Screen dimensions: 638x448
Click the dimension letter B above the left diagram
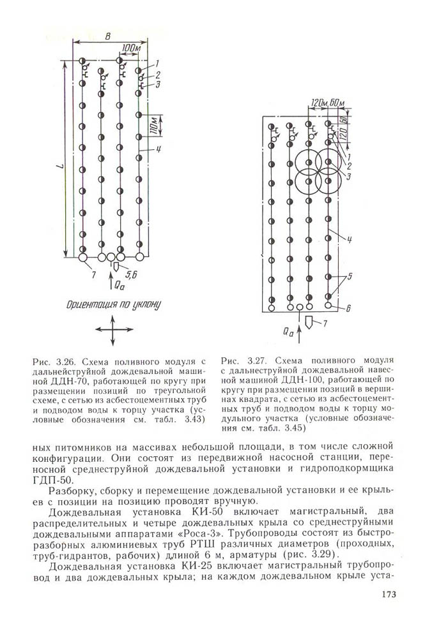pos(109,35)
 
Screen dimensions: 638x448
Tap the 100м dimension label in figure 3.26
pos(130,48)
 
